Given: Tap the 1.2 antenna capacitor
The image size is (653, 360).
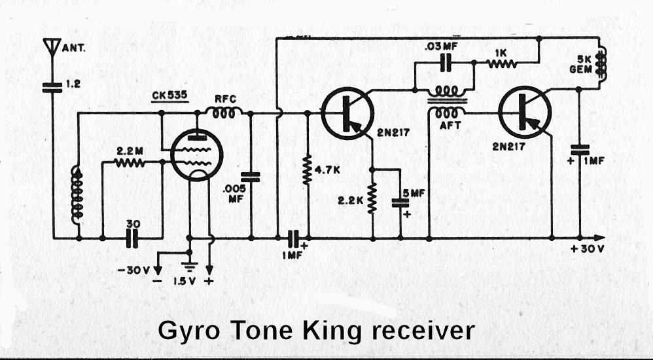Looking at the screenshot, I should coord(51,86).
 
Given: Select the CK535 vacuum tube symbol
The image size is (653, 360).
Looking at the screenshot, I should coord(195,156).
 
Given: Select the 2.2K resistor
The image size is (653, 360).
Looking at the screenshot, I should coord(372,198).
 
